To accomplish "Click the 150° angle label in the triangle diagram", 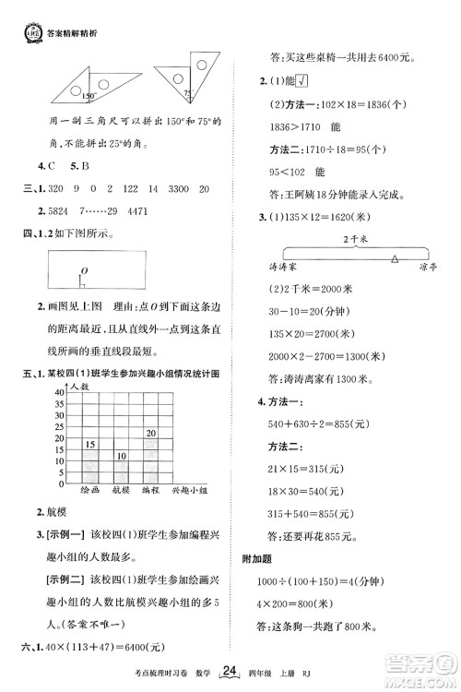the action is pyautogui.click(x=87, y=95).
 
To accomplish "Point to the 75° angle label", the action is pyautogui.click(x=186, y=93).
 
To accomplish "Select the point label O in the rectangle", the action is pyautogui.click(x=83, y=268).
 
